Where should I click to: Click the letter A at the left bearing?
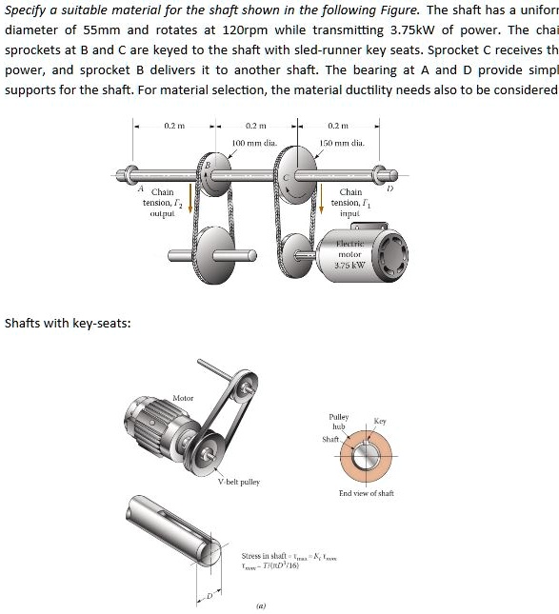tap(138, 188)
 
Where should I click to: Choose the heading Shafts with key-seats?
tap(69, 324)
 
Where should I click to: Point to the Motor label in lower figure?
tap(183, 398)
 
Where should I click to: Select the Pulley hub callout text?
tap(338, 423)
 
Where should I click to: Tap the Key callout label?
tap(381, 420)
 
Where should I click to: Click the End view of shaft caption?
tap(366, 493)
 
